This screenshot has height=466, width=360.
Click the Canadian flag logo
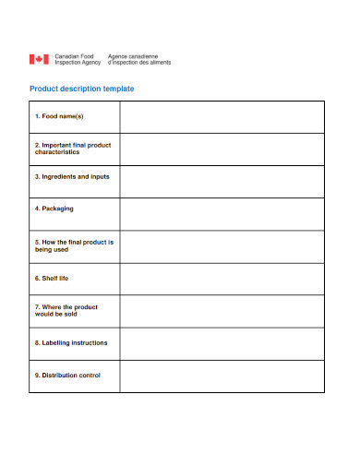coord(39,60)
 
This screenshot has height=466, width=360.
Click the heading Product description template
coord(82,89)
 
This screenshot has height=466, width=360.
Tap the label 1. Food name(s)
coord(59,117)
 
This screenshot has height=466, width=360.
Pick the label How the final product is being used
coord(74,245)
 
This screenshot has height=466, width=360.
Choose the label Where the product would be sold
coord(66,310)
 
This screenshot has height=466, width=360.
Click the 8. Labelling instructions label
coord(71,342)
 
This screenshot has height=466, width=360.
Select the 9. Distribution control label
coord(67,375)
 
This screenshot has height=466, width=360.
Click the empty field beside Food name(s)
coord(222,117)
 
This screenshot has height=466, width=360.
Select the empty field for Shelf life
coord(222,279)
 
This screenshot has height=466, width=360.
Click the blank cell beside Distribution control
coord(222,376)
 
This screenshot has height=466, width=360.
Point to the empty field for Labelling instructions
coord(222,343)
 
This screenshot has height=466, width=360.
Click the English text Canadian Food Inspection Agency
coord(77,60)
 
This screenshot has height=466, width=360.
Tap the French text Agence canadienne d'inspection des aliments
coord(139,60)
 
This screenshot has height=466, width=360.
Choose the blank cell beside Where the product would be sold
coord(222,311)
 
